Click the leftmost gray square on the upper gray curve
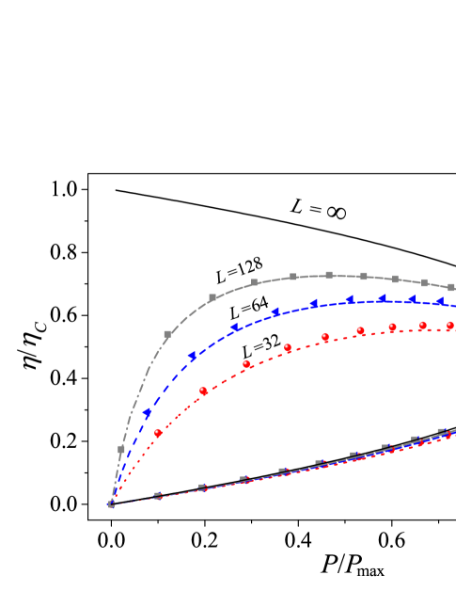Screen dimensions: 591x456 tap(121, 450)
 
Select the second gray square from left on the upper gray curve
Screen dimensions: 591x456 tap(167, 334)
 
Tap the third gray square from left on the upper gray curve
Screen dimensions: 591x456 tap(212, 297)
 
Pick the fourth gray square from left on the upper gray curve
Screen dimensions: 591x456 tap(255, 282)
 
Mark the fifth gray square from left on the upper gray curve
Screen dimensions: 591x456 tap(292, 277)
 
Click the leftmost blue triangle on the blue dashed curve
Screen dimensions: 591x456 tap(148, 413)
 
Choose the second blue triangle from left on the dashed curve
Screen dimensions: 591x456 tap(193, 356)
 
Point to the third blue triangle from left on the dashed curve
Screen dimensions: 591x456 tap(235, 327)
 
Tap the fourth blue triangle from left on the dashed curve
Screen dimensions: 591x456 tap(275, 311)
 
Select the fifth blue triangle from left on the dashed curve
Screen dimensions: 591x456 tap(313, 304)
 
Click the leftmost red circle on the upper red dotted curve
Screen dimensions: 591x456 tap(158, 433)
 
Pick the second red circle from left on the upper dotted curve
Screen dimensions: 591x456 tap(203, 391)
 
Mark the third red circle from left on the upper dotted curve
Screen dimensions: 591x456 tap(246, 364)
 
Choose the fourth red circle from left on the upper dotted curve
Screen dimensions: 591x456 tap(288, 347)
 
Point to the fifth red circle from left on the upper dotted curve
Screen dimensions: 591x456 tap(325, 337)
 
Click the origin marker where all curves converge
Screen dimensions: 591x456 tap(111, 503)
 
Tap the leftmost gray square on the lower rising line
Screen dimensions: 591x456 tap(158, 495)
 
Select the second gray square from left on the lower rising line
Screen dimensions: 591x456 tap(203, 487)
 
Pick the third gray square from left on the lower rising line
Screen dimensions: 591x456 tap(244, 479)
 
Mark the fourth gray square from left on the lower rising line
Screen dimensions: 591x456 tap(282, 471)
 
